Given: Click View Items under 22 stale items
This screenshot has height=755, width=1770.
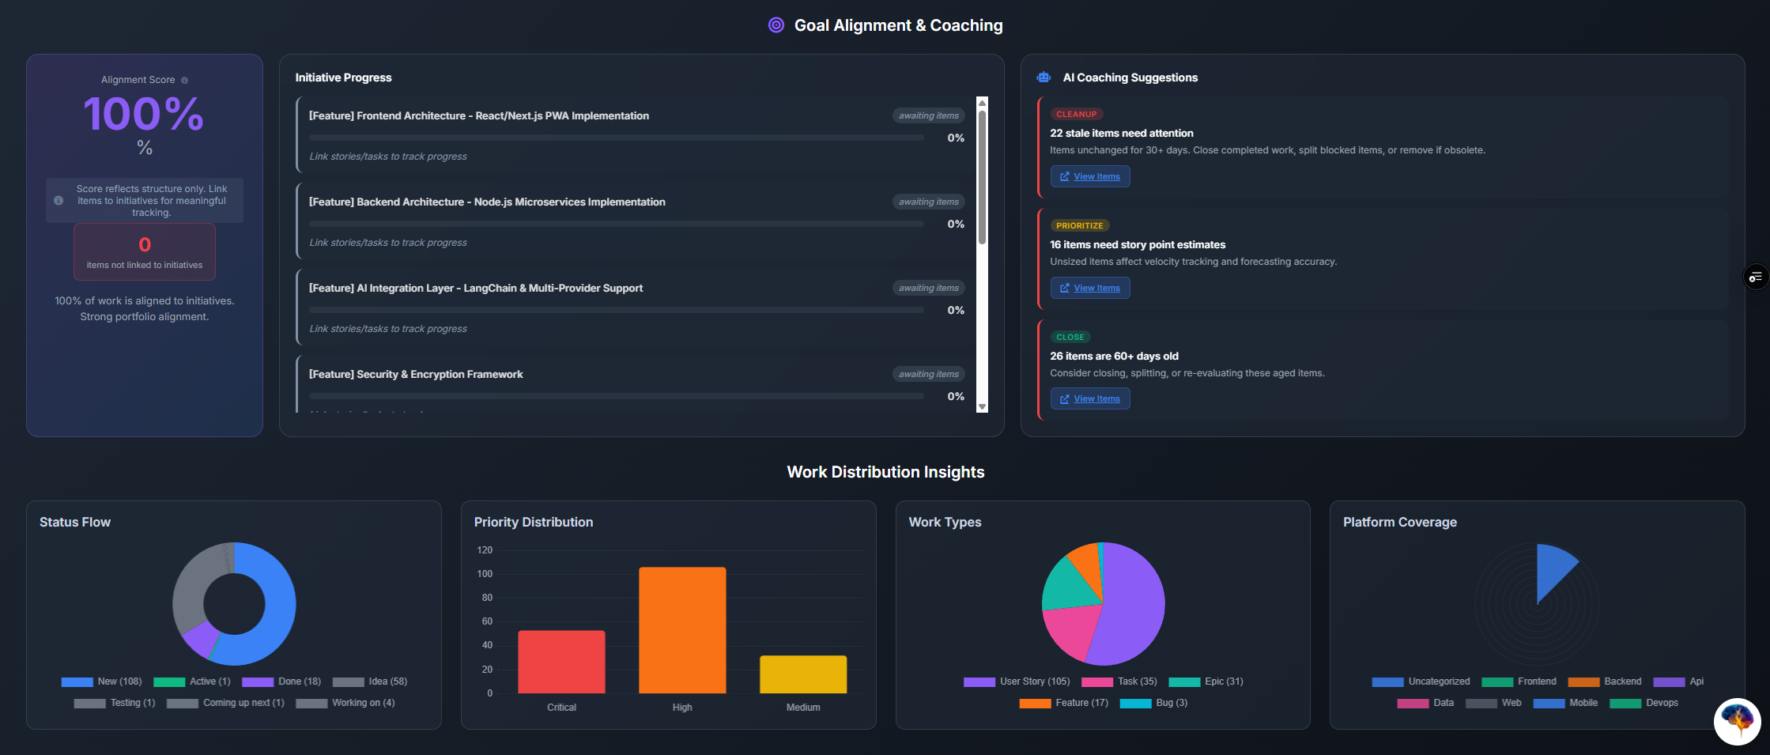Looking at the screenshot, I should coord(1089,176).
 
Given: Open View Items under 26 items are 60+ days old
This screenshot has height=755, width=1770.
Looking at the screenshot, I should coord(1089,398).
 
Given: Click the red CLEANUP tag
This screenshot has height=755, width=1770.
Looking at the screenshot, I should coord(1076,114).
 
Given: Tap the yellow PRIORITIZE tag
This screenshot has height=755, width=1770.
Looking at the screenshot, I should coord(1079,225).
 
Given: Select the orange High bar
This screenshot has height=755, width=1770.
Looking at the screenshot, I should coord(681,630).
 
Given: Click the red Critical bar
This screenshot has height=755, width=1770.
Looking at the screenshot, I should coord(561,662).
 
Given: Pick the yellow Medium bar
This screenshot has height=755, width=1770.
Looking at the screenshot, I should coord(802,674).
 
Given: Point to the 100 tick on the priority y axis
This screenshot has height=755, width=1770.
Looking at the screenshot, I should coord(485,574).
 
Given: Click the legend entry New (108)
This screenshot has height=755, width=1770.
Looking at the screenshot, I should coord(102,681).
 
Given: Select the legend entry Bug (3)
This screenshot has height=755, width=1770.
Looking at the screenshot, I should coord(1153,703).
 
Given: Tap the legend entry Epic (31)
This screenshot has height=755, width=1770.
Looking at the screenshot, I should coord(1206,681).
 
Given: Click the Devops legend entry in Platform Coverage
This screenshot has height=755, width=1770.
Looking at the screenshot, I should coord(1644,703).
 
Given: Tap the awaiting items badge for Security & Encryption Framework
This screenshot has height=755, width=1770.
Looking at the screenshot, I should coord(928,374).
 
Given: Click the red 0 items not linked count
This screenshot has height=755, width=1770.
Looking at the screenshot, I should coord(145,245).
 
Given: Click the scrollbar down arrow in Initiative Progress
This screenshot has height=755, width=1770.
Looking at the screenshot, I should coord(982,407).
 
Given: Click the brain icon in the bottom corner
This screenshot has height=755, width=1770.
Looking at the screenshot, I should coord(1737,720).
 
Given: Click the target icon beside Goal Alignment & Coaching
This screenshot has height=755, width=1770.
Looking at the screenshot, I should coord(776,25).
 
